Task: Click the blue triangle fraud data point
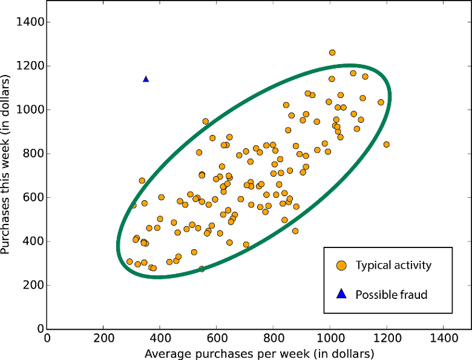point(146,79)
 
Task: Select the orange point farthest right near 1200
point(386,144)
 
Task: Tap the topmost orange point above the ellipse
point(332,53)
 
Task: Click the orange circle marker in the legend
point(341,266)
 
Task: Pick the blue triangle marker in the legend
point(341,295)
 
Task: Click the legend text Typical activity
point(393,266)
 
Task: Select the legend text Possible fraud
point(392,295)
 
